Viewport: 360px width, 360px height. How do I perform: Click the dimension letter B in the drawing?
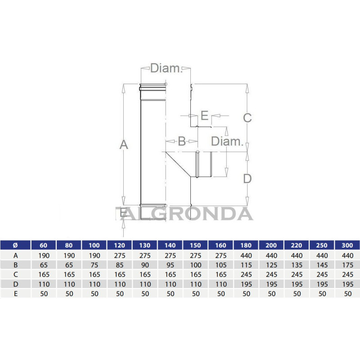(182, 141)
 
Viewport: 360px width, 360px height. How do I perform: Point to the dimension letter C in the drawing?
(247, 118)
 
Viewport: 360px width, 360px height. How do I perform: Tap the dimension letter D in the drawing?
(247, 179)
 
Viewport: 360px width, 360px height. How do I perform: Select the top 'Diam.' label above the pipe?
(165, 68)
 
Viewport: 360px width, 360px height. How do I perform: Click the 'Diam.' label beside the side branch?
(227, 141)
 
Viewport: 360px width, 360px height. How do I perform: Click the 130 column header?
(145, 245)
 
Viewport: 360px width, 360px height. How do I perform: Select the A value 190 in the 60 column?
(44, 255)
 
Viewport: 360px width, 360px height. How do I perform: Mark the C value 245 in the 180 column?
(246, 274)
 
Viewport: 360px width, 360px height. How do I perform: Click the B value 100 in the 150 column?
(195, 265)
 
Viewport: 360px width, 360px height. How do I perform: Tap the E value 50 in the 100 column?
(94, 293)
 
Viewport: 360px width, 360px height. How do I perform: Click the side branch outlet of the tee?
(205, 164)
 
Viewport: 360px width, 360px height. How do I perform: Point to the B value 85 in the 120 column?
(119, 265)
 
